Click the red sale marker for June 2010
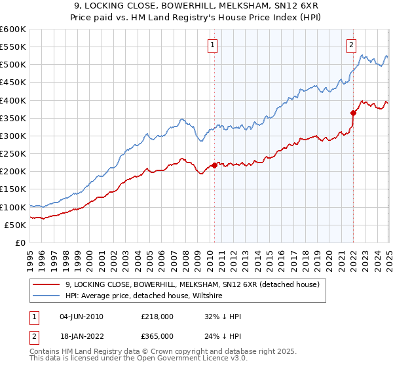pos(214,165)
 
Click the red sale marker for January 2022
pos(353,113)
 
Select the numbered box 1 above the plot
pos(214,45)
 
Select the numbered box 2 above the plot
pos(352,45)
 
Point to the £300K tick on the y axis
pos(13,136)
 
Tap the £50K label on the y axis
pos(16,225)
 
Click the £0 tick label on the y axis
pos(20,242)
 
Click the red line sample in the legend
pos(47,284)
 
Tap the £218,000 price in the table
pos(157,317)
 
